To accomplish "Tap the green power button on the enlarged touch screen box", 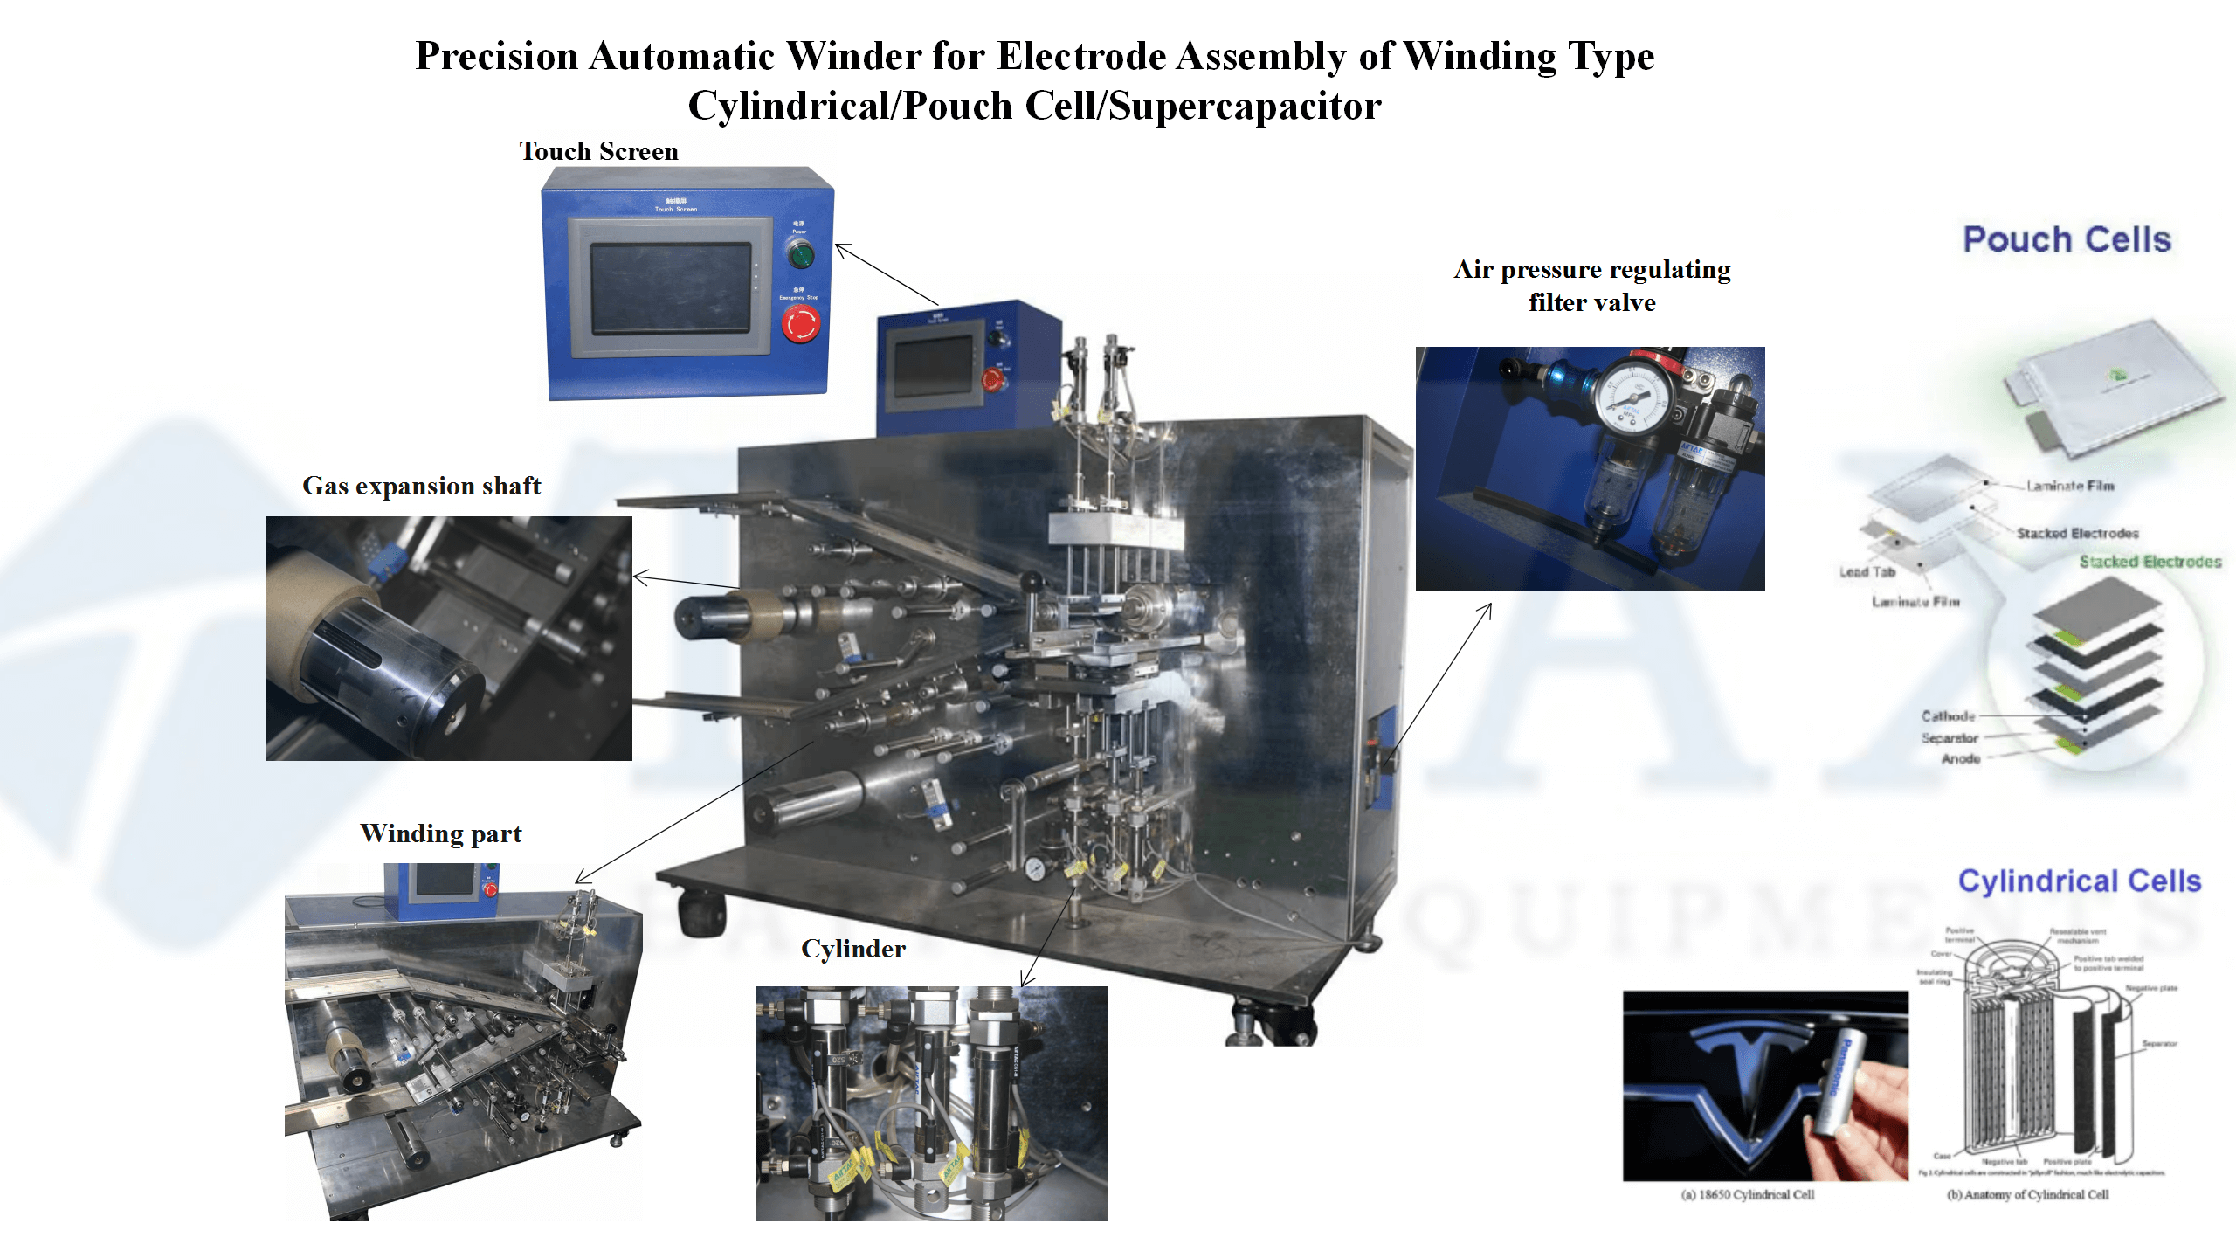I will click(800, 255).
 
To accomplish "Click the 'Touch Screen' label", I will click(598, 151).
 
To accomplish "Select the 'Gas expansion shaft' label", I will click(421, 486).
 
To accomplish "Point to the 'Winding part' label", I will click(440, 833).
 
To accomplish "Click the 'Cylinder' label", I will click(852, 949).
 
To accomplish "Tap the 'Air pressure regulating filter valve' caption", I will click(1591, 286).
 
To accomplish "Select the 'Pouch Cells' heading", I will click(2067, 239).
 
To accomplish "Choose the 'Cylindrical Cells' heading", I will click(2079, 881).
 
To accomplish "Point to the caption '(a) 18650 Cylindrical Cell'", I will click(1747, 1195).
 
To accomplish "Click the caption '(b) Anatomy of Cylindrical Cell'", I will click(2027, 1195).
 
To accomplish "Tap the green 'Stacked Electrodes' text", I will click(2150, 562).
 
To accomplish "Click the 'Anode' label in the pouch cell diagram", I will click(1960, 759).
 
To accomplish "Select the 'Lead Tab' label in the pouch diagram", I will click(1867, 572).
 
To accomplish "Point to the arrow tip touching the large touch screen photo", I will click(837, 245).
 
